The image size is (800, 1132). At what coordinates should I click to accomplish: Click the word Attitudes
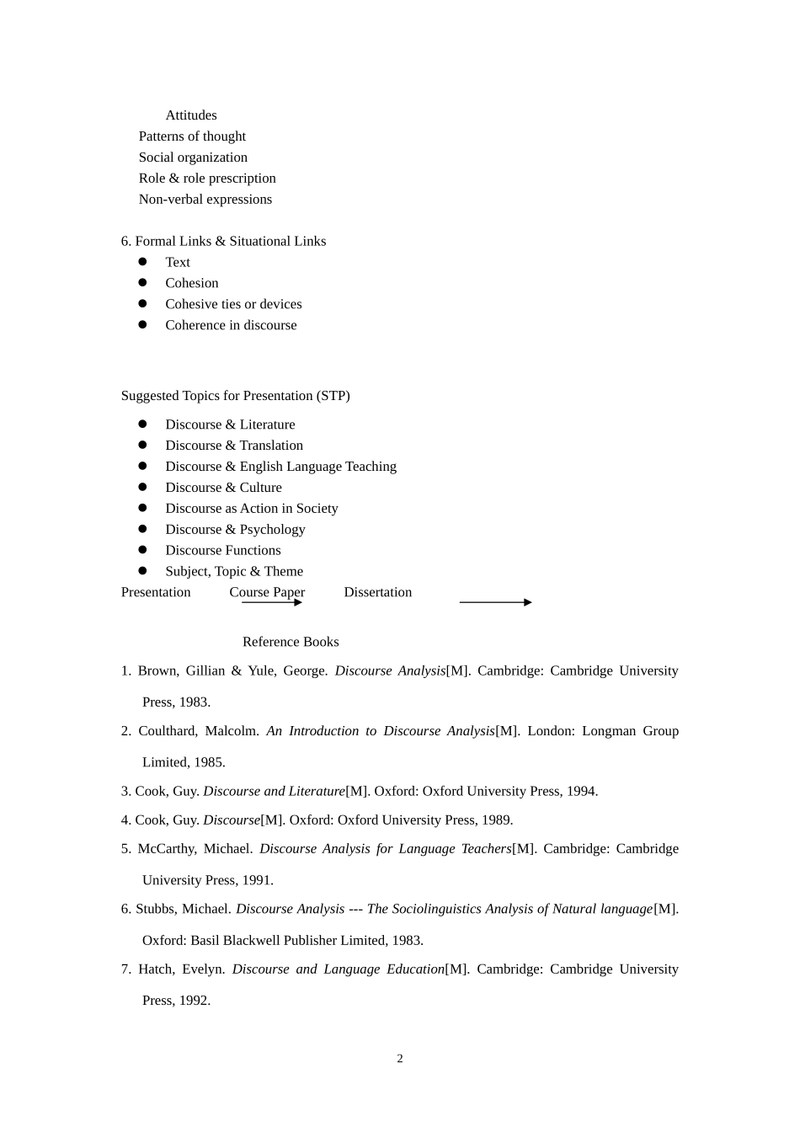coord(191,115)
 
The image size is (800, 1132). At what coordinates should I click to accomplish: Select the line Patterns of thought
coord(192,136)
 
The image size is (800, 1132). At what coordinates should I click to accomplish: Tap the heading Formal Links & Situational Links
coord(230,241)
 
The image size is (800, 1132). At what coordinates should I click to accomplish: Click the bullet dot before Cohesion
coord(142,283)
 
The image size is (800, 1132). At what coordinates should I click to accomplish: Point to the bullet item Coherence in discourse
coord(231,325)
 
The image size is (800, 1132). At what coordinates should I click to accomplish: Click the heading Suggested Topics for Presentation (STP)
coord(235,396)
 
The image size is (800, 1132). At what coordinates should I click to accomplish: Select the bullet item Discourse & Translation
coord(234,446)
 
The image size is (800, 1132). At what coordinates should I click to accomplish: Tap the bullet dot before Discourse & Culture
coord(142,487)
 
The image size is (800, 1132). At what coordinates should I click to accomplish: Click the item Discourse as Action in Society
coord(251,509)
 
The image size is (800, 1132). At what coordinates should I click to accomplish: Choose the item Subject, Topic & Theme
coord(234,571)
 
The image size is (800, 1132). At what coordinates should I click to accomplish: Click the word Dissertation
coord(377,592)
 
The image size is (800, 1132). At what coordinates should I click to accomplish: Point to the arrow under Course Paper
coord(271,602)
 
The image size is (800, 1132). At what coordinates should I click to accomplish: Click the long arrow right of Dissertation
coord(495,602)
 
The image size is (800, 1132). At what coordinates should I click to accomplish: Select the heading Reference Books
coord(291,642)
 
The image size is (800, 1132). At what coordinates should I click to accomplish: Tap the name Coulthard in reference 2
coord(168,731)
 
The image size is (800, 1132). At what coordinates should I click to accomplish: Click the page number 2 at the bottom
coord(400,1059)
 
